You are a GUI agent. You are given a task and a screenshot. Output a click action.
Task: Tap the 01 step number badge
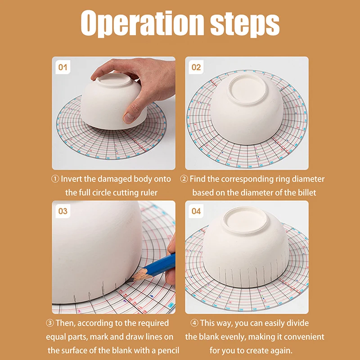(63, 67)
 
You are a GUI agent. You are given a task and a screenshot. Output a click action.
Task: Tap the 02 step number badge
(196, 67)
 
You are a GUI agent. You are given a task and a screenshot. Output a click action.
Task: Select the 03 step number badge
(63, 211)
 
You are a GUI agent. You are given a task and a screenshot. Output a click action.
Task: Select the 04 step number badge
(196, 211)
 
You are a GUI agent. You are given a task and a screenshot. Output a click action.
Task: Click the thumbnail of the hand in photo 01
(129, 118)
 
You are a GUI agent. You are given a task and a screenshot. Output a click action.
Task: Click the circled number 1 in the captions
(55, 179)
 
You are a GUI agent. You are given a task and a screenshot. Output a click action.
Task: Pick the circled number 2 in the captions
(184, 179)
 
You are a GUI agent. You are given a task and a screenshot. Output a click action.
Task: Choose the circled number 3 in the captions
(50, 323)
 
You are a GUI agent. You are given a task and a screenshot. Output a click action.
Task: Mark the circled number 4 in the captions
(194, 323)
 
